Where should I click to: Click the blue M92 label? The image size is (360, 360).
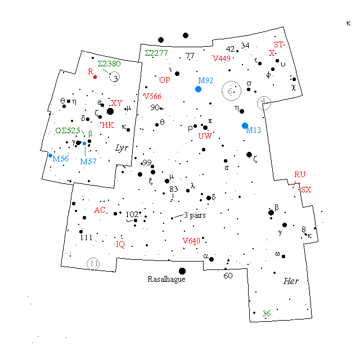click(205, 81)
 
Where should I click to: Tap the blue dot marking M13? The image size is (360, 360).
click(245, 125)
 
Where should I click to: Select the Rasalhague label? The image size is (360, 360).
click(166, 279)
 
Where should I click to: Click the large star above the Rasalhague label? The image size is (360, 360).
click(182, 271)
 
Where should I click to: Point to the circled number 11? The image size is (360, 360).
click(93, 263)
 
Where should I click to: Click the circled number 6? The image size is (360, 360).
click(229, 91)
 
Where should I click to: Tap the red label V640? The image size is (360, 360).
click(191, 241)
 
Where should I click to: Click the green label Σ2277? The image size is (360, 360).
click(156, 53)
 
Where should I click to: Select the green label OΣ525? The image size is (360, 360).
click(67, 131)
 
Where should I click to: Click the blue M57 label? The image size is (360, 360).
click(88, 161)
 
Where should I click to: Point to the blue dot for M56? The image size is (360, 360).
click(50, 156)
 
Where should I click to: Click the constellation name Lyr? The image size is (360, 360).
click(121, 148)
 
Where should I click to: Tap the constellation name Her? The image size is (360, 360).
click(291, 281)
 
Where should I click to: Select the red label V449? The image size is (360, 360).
click(222, 58)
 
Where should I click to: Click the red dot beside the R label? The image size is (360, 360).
click(96, 76)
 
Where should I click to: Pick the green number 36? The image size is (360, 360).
click(267, 313)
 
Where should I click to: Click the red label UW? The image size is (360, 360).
click(204, 136)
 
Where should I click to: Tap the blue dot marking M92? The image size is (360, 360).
click(198, 89)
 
